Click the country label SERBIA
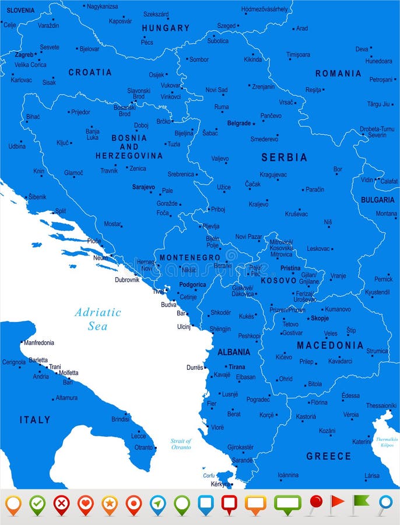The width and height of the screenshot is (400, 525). tap(284, 157)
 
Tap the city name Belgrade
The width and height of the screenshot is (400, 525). tap(239, 124)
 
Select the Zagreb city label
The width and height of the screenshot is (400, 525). tap(24, 55)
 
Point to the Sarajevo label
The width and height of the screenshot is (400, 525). tap(143, 188)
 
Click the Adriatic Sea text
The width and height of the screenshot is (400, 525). tap(98, 319)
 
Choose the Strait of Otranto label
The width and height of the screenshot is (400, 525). tap(181, 444)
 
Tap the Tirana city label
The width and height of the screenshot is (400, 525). tap(237, 367)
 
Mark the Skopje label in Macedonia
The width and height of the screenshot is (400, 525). tap(320, 318)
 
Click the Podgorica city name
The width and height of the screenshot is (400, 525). tap(192, 285)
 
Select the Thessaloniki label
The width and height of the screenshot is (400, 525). tap(381, 405)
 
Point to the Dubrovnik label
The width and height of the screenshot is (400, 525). tap(127, 280)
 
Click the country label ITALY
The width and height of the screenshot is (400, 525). tap(35, 420)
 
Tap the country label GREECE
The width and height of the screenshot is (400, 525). tap(329, 456)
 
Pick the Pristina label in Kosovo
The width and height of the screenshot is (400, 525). tap(290, 268)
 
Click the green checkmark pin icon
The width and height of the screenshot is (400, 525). tap(38, 504)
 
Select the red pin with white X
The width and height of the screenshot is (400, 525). tap(62, 504)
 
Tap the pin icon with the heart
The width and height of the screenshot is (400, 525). tap(86, 504)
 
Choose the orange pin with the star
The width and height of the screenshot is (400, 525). tap(110, 504)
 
